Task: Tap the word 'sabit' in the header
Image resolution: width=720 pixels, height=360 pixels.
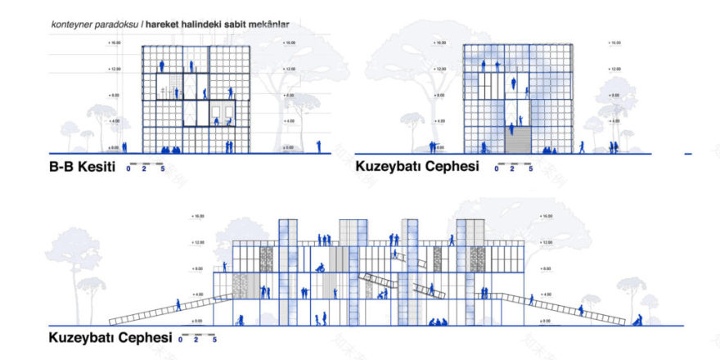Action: tap(241, 25)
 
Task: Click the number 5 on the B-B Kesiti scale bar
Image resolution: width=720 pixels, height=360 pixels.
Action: tap(163, 169)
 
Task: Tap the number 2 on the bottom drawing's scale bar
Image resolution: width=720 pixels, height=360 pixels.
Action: tap(196, 339)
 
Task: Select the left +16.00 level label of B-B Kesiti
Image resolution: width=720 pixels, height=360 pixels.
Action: tap(114, 42)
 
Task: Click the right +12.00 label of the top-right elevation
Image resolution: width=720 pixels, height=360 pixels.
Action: tap(614, 69)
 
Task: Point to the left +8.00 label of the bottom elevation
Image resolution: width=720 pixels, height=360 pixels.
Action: tap(198, 268)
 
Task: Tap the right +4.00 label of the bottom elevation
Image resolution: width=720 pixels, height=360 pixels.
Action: tap(546, 294)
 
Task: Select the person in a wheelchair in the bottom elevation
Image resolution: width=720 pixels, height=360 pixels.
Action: tap(322, 267)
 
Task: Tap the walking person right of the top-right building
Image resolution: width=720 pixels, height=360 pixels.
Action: tap(583, 146)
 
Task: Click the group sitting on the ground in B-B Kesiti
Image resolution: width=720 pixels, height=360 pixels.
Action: tap(170, 149)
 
